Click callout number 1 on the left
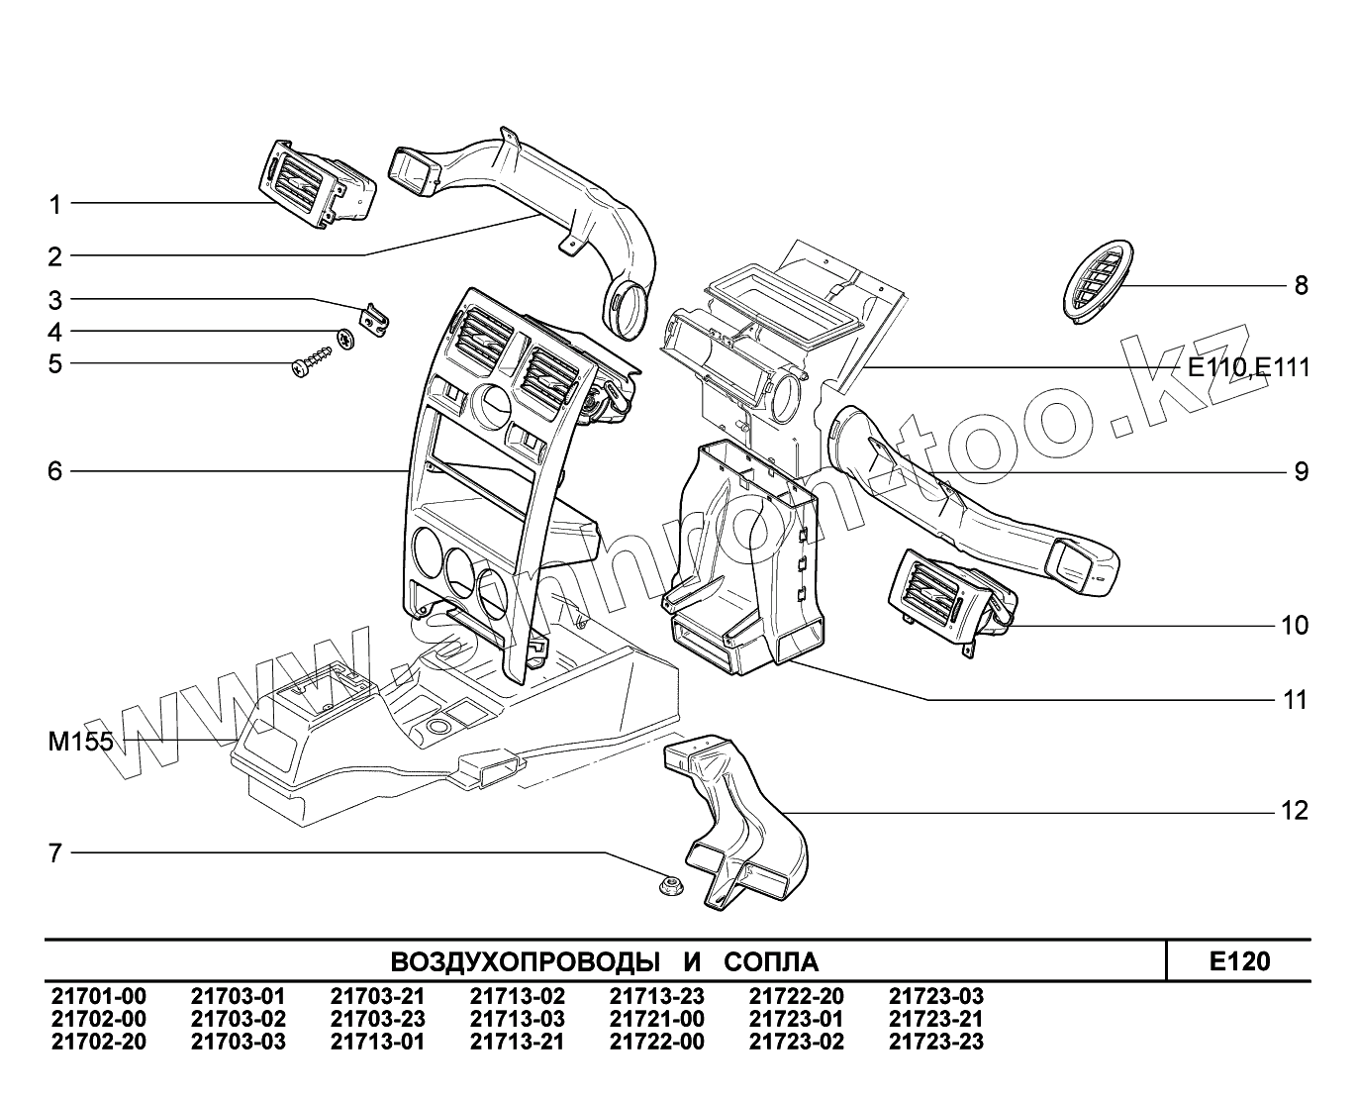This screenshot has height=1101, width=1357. click(55, 205)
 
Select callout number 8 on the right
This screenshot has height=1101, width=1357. click(1301, 286)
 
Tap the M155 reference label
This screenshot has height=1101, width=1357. click(80, 742)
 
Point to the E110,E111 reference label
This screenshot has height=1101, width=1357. click(1248, 368)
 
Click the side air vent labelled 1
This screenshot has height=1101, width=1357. click(320, 185)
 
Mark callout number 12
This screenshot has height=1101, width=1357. click(1295, 812)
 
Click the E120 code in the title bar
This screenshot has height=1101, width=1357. click(1238, 961)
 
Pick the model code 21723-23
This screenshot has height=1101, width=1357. click(936, 1042)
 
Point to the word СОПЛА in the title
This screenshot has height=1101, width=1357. click(770, 962)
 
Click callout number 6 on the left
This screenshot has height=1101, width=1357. click(55, 471)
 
